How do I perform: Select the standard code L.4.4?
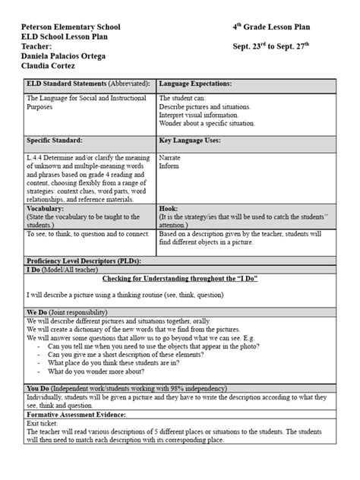click(34, 158)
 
